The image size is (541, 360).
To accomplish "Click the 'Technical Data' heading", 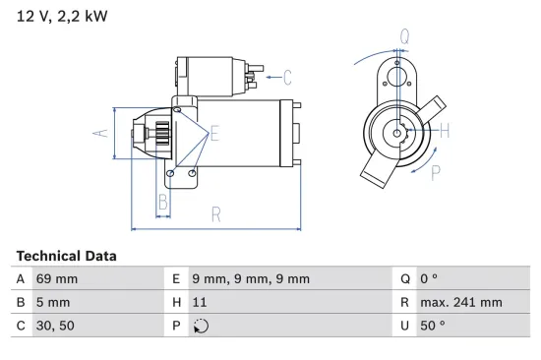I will (67, 256).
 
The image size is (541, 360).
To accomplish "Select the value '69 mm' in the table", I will (57, 279).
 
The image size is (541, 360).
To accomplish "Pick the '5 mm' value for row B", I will (53, 303).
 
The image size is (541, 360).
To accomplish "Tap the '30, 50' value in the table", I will (55, 327).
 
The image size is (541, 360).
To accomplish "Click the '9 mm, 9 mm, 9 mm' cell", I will (250, 279).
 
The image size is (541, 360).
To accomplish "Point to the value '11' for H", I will (200, 303).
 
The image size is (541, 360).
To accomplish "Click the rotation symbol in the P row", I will (201, 327).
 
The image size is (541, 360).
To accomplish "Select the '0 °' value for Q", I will (427, 279).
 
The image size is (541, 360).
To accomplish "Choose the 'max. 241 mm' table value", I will (461, 303).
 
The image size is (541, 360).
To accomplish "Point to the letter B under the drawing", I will (164, 205).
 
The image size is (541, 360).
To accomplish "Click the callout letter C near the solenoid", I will (288, 76).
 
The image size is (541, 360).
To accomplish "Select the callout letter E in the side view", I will (214, 133).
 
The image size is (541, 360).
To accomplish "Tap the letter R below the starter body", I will (214, 213).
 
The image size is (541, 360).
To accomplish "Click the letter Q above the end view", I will (404, 37).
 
